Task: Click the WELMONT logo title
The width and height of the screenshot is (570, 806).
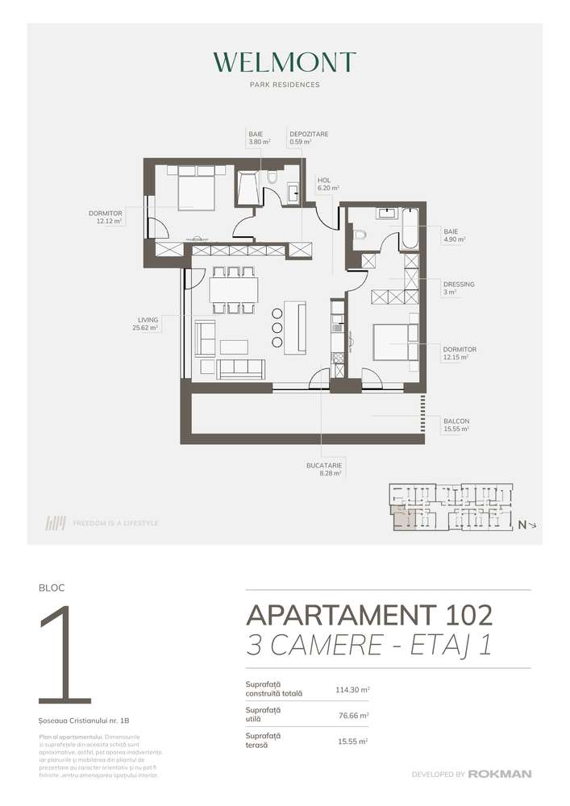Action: [285, 63]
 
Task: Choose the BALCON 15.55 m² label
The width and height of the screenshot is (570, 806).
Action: [456, 425]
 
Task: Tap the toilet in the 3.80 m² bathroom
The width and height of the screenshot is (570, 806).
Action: [272, 179]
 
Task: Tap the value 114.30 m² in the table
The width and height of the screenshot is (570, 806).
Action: [352, 690]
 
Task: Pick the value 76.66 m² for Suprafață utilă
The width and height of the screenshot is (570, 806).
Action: [352, 715]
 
